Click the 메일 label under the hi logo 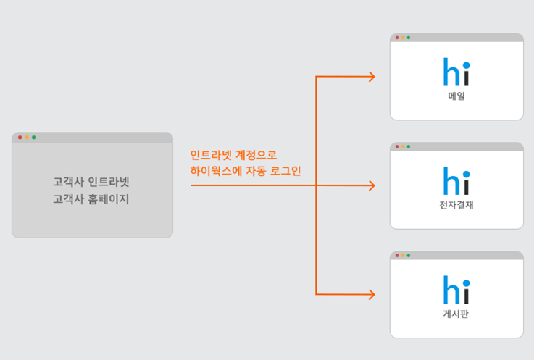point(456,96)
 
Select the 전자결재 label point(456,205)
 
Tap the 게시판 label point(456,314)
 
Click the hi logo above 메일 point(456,73)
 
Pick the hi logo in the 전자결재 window point(456,183)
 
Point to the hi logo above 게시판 point(456,291)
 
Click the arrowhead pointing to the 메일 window point(372,77)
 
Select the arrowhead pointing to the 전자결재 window point(372,185)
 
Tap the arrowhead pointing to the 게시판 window point(372,294)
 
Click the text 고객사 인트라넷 point(91,182)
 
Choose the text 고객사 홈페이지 point(91,198)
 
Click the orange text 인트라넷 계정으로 point(233,155)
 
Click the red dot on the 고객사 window point(20,137)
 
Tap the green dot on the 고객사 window point(33,137)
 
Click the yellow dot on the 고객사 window point(27,137)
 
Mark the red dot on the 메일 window point(397,38)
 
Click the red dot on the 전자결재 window point(397,146)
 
